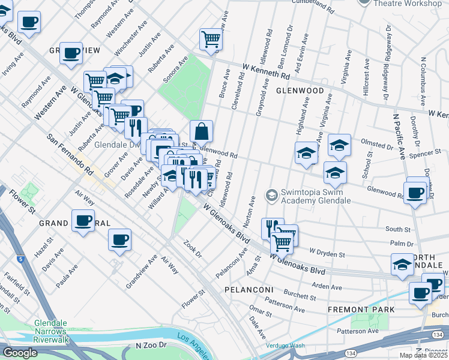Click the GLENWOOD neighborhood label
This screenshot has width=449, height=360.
(300, 91)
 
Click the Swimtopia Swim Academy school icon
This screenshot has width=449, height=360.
(271, 195)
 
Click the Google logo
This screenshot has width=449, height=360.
(20, 353)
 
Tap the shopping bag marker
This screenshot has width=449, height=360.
(202, 130)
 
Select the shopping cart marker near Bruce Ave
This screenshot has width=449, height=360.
(211, 39)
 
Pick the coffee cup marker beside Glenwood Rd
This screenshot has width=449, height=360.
(415, 192)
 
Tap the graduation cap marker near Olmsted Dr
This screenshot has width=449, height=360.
(339, 145)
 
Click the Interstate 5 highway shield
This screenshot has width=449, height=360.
(22, 260)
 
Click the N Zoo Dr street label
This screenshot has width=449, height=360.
(154, 346)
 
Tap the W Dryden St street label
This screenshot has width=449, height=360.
(327, 254)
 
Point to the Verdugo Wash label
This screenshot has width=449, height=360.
(286, 346)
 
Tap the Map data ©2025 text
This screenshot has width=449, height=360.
(423, 355)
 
